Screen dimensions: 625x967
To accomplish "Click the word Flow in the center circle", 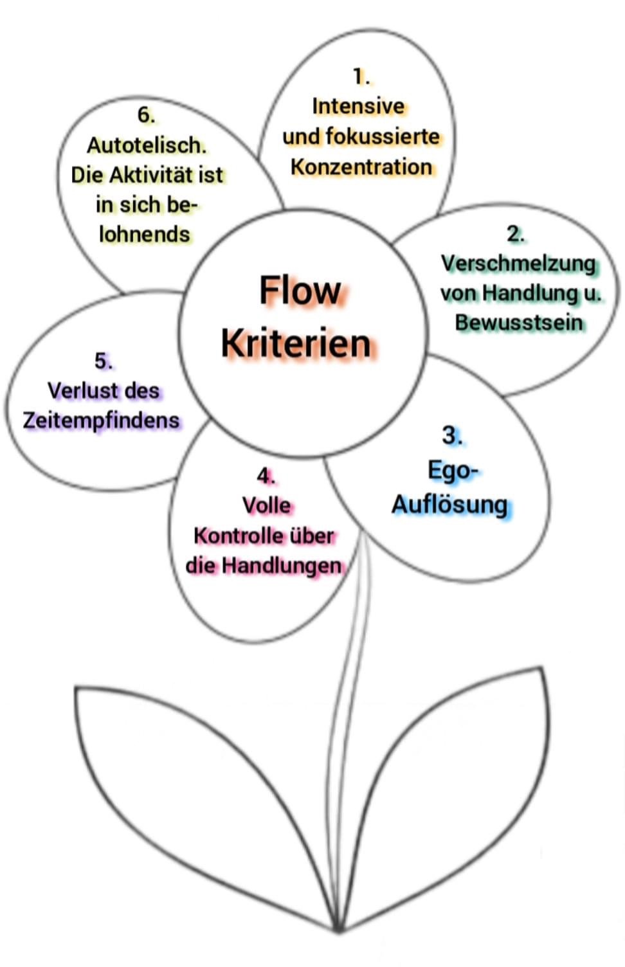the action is (x=300, y=291).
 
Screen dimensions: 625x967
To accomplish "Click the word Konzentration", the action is (x=361, y=167).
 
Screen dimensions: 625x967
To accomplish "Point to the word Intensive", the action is (x=358, y=106).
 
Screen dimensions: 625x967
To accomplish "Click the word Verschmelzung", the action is (x=518, y=264).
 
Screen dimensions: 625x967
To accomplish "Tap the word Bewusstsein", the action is (x=519, y=323).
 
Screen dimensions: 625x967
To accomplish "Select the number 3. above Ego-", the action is (x=452, y=435).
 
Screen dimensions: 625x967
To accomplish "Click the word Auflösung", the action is (x=449, y=505).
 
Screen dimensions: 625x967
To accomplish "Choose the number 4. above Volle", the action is (x=266, y=476).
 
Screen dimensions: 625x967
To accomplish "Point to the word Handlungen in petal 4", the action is (x=282, y=566).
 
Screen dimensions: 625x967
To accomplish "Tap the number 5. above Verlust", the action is (x=103, y=361).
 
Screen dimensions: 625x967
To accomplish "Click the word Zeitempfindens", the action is (x=101, y=420).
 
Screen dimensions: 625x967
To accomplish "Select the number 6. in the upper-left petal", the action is (x=146, y=115).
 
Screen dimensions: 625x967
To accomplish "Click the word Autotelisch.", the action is (x=147, y=145).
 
